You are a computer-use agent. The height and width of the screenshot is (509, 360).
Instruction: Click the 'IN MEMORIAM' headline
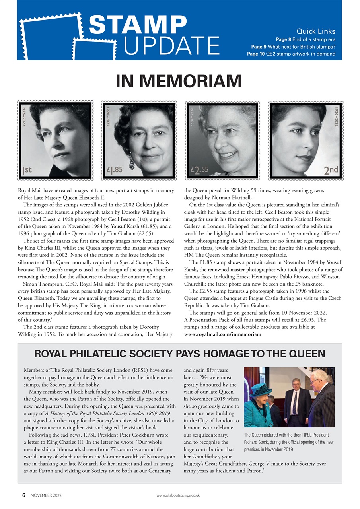coord(179,81)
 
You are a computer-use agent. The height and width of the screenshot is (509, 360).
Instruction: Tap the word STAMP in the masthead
coord(138,25)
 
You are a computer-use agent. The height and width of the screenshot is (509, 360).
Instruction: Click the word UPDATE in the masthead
coord(172,45)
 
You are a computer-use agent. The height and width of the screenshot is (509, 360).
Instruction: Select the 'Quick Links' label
coord(316,31)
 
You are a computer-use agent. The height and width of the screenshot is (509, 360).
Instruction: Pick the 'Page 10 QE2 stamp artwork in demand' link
coord(291,54)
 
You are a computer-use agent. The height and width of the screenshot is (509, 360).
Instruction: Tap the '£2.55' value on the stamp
coord(200,170)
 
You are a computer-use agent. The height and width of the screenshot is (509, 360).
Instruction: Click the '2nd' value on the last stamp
coord(331,170)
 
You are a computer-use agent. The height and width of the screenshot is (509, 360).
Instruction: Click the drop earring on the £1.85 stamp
coord(132,161)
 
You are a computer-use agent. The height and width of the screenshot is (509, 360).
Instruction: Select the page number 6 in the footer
coord(24,495)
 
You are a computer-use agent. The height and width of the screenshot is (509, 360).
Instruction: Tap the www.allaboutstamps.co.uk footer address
coord(178,495)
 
